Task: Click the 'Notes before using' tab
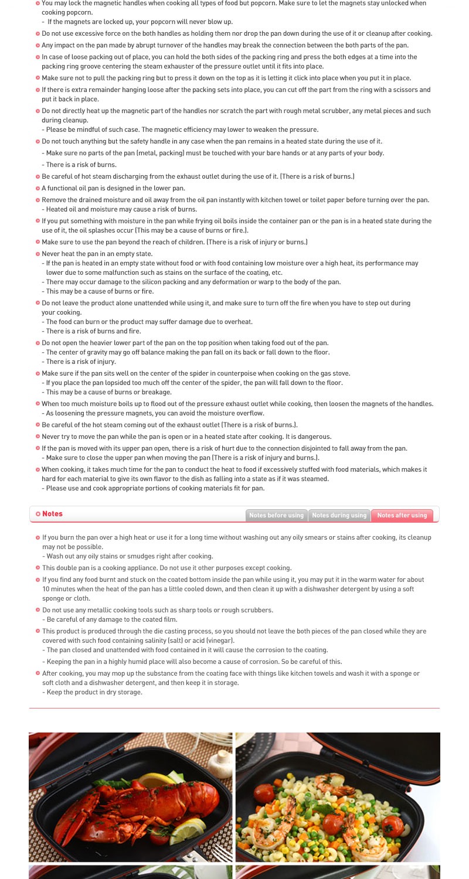(276, 515)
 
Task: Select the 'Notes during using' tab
(339, 515)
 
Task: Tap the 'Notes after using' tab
(402, 515)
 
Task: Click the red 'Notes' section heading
(52, 514)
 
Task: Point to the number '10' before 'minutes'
(46, 589)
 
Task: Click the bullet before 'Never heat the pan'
(38, 254)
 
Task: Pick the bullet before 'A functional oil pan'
(38, 188)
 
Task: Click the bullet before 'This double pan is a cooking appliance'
(38, 568)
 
